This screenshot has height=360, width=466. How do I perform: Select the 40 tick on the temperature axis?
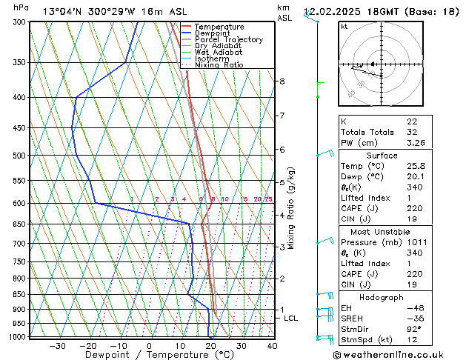click(272, 346)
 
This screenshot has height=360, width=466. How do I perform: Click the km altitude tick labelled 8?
click(282, 81)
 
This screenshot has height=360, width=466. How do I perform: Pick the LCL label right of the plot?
click(291, 319)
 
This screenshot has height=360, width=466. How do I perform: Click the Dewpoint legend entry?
click(213, 33)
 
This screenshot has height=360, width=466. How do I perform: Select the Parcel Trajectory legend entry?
click(228, 40)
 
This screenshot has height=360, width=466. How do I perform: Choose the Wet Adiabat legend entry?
click(217, 53)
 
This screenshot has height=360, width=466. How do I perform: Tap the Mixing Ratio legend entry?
click(219, 65)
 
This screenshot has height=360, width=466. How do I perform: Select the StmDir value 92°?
click(414, 329)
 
